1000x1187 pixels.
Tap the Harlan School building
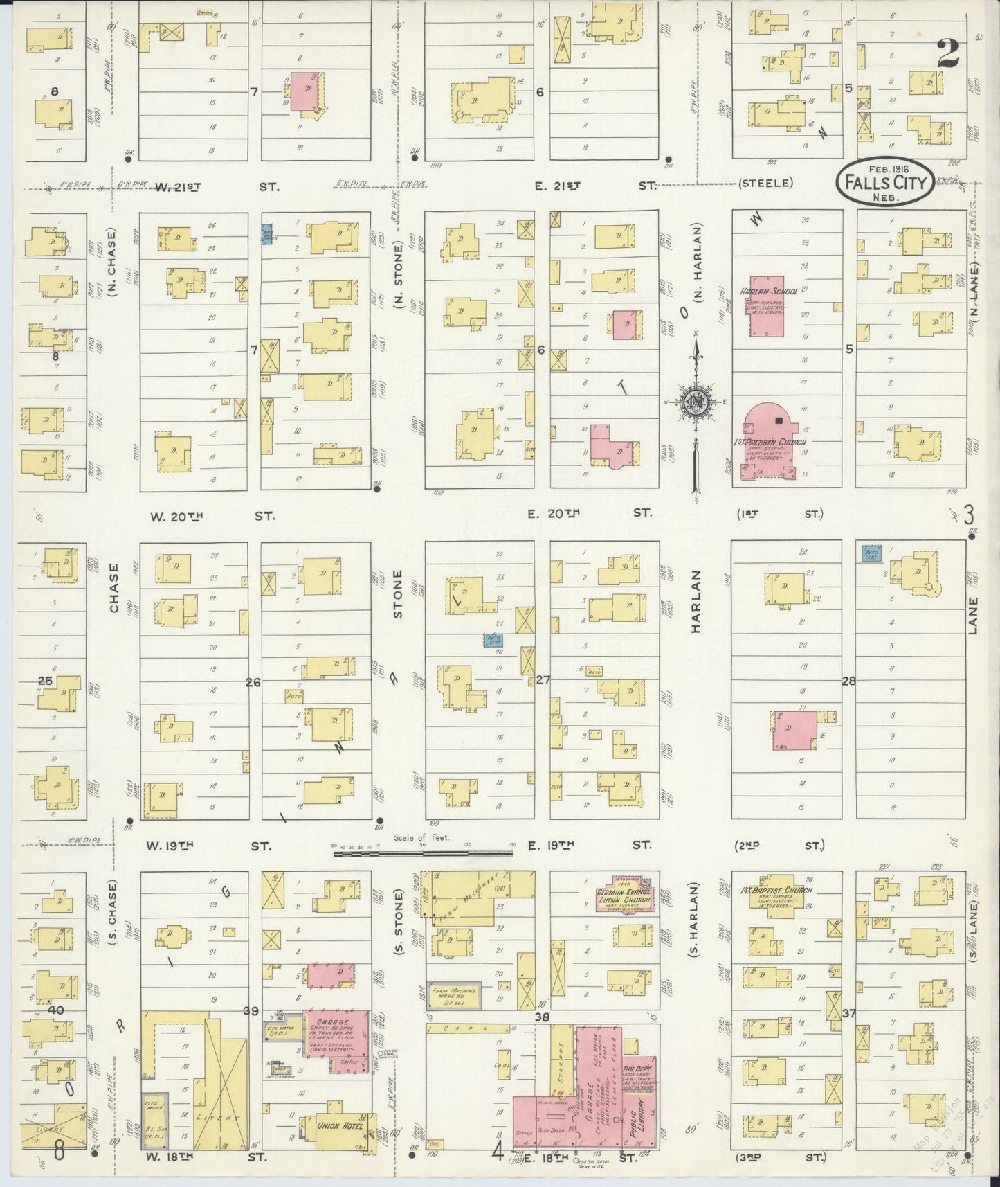click(x=766, y=313)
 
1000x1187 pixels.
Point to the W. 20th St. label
click(x=212, y=517)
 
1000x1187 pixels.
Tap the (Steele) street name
click(x=765, y=184)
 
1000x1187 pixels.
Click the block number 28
click(x=848, y=681)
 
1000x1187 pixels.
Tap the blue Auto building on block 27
click(x=493, y=641)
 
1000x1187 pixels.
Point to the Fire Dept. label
click(x=638, y=1070)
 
